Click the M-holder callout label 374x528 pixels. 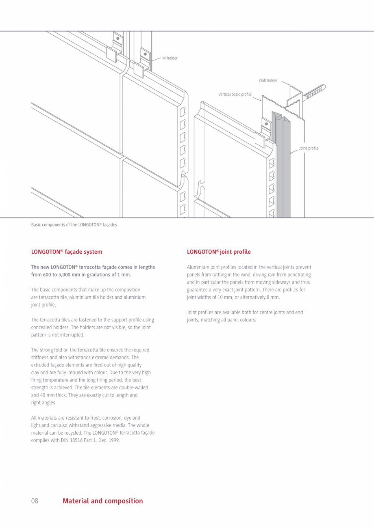tap(170, 58)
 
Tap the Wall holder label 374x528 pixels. tap(268, 80)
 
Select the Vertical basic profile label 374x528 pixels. tap(235, 95)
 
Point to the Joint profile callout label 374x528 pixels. tap(309, 148)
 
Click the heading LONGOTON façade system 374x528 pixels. tap(67, 252)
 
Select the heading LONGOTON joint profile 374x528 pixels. tap(219, 252)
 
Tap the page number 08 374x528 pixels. tap(35, 501)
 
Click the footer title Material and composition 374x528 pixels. tap(103, 501)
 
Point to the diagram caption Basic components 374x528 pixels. tap(74, 225)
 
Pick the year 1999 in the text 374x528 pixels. tap(115, 440)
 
